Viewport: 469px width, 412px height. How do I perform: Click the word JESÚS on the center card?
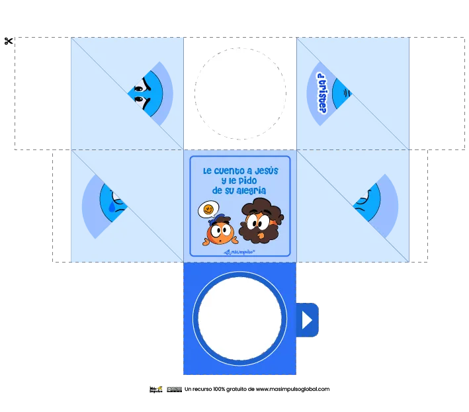click(266, 171)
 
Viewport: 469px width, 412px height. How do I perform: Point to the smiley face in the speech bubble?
click(208, 210)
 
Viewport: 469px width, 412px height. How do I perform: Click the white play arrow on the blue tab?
click(307, 320)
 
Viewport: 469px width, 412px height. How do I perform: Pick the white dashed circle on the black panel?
click(239, 92)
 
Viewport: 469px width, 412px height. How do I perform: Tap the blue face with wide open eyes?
click(147, 92)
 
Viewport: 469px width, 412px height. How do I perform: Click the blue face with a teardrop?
click(112, 201)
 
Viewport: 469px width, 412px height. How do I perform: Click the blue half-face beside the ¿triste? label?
click(341, 93)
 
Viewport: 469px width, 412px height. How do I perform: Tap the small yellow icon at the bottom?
click(159, 388)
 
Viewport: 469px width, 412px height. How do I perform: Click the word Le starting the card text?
click(207, 171)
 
